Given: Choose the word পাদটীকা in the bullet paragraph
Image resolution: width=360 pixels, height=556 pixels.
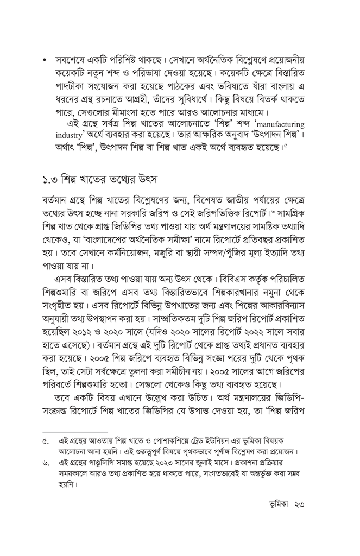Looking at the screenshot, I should coord(66,86).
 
